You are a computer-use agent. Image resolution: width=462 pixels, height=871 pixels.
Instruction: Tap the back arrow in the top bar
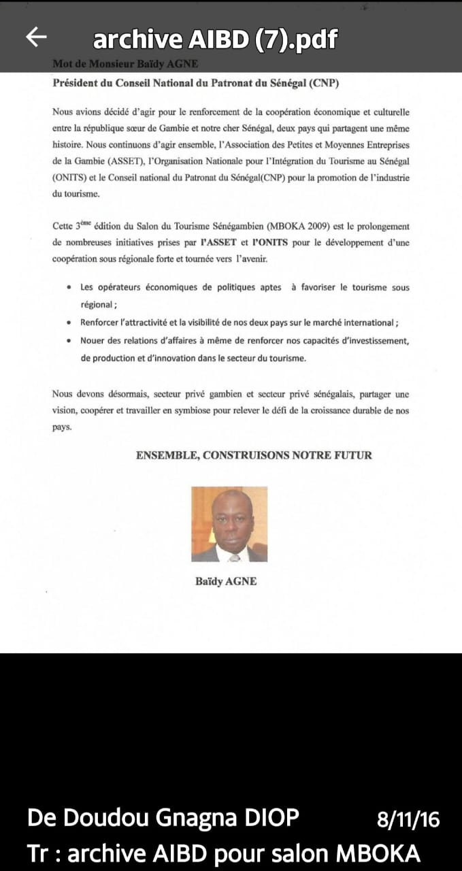point(36,37)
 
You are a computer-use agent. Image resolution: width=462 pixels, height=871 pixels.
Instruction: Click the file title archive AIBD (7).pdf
point(215,39)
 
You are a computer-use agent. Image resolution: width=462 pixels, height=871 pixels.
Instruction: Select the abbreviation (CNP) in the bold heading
point(323,84)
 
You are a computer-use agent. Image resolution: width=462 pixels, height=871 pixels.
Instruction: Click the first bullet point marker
point(69,288)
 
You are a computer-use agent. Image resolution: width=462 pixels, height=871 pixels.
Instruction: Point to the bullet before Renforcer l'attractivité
point(69,323)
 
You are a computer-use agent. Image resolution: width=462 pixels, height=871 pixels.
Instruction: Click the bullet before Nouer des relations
point(69,340)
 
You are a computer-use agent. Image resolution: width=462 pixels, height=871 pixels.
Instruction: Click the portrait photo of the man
point(229,524)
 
